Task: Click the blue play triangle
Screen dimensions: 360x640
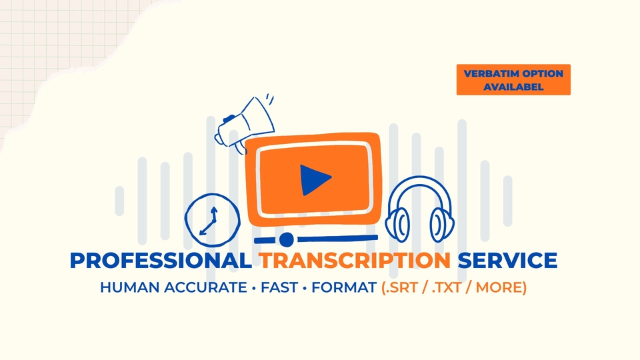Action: (x=314, y=179)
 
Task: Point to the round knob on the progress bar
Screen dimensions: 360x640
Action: (x=286, y=239)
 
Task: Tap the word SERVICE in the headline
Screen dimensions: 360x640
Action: (x=507, y=261)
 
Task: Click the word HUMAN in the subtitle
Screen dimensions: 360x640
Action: (x=127, y=289)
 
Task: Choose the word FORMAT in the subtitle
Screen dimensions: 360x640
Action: (x=343, y=289)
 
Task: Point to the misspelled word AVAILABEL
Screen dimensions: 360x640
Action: (x=513, y=87)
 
